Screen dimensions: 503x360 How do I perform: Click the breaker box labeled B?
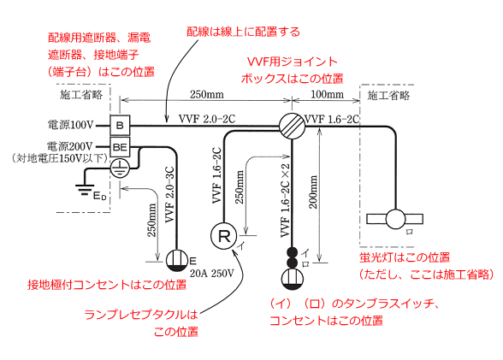pos(120,126)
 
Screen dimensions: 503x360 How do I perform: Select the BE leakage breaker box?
pos(120,147)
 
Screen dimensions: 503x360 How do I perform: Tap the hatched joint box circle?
pos(292,127)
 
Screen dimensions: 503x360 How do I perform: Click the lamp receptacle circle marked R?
pos(223,236)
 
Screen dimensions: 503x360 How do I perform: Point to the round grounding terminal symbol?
pos(120,168)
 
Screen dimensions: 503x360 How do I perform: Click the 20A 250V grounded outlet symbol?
pos(177,261)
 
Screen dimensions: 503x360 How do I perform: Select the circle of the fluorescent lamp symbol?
pos(395,219)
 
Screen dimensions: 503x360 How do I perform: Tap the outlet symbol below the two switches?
pos(292,279)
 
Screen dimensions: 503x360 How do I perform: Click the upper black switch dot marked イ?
pos(292,252)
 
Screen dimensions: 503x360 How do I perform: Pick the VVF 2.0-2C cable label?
pos(207,119)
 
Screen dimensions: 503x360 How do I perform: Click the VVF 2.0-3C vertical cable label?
pos(169,195)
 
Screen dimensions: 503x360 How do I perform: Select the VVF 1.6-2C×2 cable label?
pos(285,200)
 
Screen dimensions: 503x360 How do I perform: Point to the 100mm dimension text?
pos(327,95)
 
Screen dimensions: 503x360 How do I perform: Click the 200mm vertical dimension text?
pos(313,192)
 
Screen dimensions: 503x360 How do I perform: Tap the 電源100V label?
pos(70,124)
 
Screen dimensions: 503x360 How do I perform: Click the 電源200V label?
pos(70,146)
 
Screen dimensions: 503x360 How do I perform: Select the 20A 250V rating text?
pos(212,274)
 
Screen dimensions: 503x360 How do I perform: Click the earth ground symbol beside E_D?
pos(85,190)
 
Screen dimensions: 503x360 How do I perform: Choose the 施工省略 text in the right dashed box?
pos(388,95)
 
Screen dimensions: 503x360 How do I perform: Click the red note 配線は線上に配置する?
pos(244,32)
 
